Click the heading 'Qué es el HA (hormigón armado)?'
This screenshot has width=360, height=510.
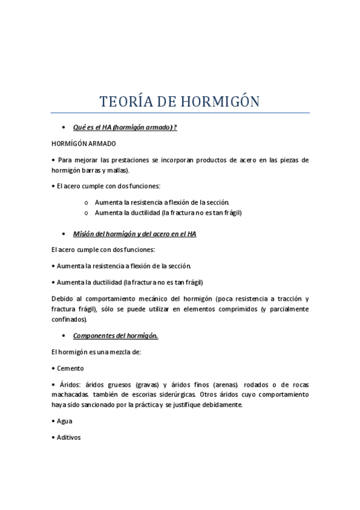(x=125, y=127)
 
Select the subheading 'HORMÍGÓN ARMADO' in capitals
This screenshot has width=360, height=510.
(x=84, y=144)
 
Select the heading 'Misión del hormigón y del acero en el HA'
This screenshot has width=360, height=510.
(x=135, y=234)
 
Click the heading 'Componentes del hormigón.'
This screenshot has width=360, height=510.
(x=115, y=336)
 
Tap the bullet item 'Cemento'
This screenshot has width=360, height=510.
(x=70, y=368)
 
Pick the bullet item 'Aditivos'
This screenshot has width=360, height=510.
(x=69, y=438)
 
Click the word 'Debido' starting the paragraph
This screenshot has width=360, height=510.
(x=63, y=298)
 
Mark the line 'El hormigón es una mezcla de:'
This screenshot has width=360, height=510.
(x=96, y=352)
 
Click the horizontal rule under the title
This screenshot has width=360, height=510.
(x=180, y=112)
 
